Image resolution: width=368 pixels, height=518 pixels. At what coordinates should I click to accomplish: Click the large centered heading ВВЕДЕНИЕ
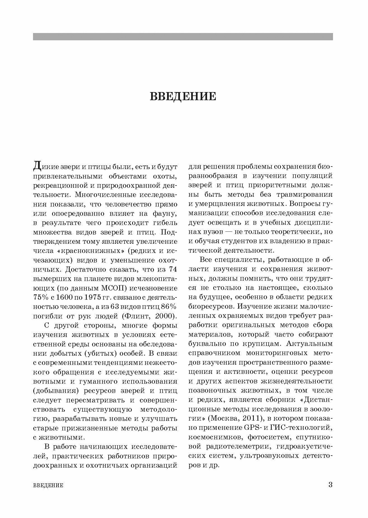pos(183,96)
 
